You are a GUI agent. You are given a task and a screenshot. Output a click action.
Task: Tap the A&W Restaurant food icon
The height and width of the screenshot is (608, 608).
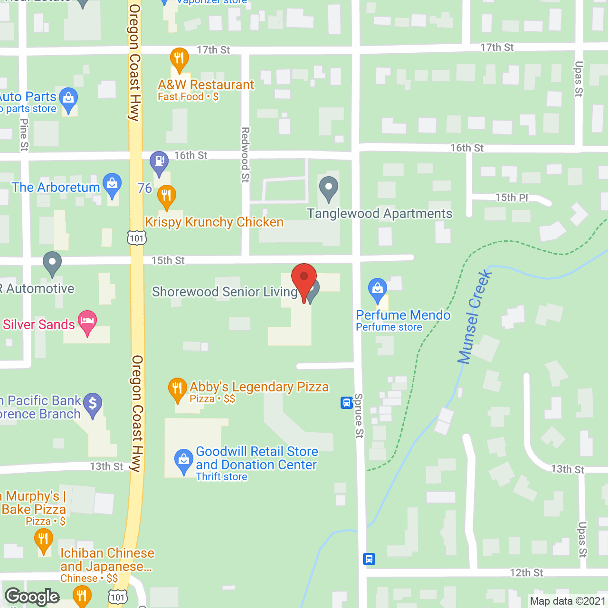point(179,59)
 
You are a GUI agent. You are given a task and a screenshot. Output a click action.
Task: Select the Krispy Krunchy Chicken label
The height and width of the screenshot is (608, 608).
point(214,222)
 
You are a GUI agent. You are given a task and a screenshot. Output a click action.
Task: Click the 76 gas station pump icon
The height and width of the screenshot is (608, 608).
point(159,161)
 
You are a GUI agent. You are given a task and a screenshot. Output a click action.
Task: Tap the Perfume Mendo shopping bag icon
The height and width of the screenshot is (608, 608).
point(378,289)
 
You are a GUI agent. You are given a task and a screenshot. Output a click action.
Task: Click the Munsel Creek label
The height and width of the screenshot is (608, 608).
point(474,317)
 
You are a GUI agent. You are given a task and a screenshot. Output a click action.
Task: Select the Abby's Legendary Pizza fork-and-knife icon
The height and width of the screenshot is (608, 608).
point(177,389)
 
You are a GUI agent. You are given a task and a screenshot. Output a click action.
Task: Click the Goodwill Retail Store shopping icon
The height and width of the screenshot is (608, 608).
point(183,460)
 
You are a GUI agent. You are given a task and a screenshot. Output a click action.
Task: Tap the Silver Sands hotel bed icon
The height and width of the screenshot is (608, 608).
point(87,321)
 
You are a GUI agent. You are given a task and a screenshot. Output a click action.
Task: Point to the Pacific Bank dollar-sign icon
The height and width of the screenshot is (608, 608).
point(93,404)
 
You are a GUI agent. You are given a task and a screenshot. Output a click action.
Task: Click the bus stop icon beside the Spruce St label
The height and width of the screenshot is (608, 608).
point(346,403)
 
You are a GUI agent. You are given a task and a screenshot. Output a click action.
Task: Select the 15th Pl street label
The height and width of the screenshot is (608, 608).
point(511,198)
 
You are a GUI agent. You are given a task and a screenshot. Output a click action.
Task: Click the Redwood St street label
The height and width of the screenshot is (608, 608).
point(245,154)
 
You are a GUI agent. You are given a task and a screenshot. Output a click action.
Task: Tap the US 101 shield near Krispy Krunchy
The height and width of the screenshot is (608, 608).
point(137,238)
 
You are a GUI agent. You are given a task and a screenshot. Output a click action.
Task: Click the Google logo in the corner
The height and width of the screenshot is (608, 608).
point(32,597)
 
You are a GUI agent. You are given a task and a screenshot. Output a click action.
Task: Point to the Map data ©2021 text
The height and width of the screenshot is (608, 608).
point(568,601)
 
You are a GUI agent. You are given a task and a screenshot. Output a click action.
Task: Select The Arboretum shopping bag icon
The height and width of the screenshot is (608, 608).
point(112,184)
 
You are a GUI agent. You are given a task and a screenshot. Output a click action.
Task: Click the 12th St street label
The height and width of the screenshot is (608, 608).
point(526,573)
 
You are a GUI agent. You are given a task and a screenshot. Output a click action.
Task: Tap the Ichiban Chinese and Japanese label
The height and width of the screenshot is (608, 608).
point(107,560)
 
